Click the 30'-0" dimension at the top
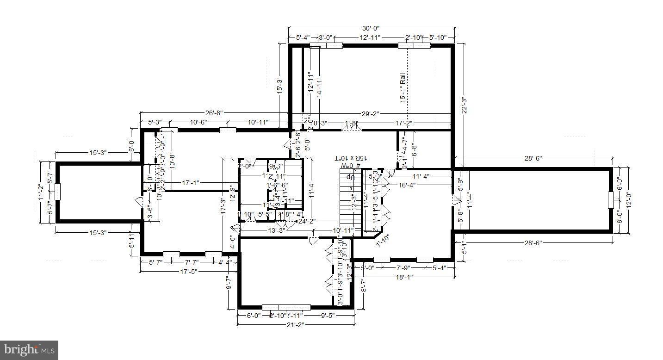click(x=372, y=29)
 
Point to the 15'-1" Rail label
click(x=403, y=87)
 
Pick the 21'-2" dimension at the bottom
click(x=294, y=324)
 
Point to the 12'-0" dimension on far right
click(x=628, y=199)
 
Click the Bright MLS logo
click(x=29, y=350)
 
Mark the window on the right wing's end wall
click(x=611, y=199)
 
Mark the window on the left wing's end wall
click(x=57, y=191)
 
